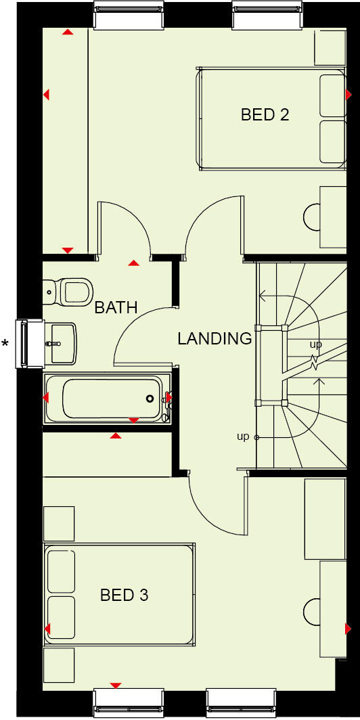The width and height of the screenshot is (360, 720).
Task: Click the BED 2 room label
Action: coord(265,114)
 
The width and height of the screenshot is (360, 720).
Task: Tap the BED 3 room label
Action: coord(124,595)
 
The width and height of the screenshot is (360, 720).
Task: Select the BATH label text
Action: coord(116,308)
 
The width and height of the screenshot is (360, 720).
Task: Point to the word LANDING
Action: coord(215,338)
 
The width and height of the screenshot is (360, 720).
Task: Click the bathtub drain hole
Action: coord(150,399)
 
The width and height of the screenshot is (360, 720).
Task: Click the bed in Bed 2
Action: coord(271,118)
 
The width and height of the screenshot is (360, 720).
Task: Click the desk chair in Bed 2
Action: coord(313,216)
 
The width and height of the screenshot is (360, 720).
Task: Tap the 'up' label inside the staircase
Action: coord(316,344)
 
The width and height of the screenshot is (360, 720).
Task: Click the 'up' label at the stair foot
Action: coord(243,437)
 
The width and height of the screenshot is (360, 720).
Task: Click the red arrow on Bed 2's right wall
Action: coord(349,94)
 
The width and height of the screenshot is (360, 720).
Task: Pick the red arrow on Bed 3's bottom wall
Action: coord(115,685)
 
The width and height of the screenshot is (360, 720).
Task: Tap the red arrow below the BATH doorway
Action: coord(134,263)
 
